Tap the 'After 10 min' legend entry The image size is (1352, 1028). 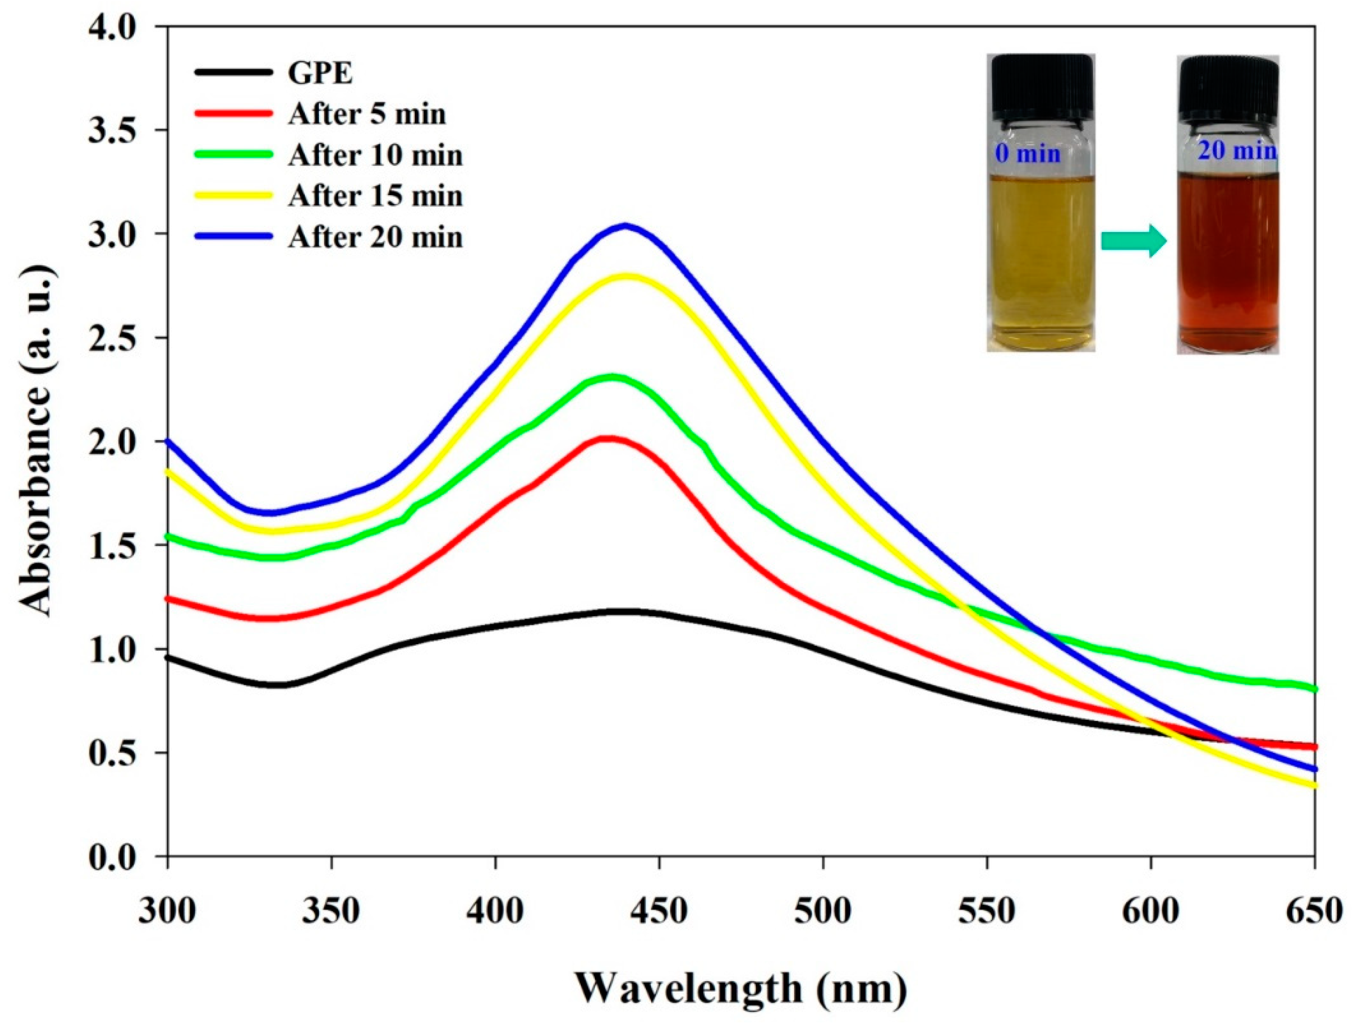pos(376,155)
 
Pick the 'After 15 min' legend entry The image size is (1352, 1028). pos(376,196)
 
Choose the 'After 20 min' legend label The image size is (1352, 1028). pos(376,237)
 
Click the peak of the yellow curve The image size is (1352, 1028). pos(626,276)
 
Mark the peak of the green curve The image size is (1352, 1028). pos(612,378)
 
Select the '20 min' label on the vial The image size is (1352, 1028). pos(1236,151)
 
